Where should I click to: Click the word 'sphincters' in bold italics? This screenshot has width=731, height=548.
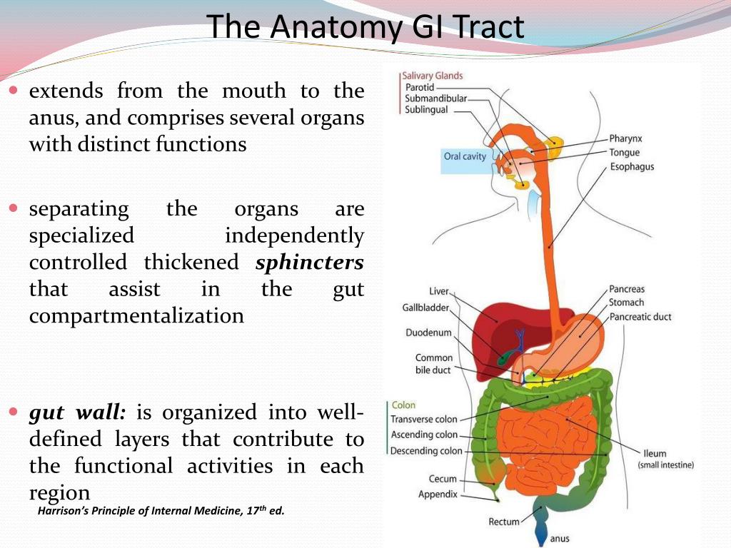(309, 263)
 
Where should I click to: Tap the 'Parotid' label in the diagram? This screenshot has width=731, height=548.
(420, 87)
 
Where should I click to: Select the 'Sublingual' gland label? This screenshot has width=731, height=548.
(426, 110)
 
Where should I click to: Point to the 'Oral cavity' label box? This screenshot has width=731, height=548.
(465, 156)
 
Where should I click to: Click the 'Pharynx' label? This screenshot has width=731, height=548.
(625, 138)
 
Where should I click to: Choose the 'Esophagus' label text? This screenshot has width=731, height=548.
(631, 167)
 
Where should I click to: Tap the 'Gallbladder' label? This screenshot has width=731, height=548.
(425, 308)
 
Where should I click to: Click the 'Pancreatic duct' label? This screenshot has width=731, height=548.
(640, 317)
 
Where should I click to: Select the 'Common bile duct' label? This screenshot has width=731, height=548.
(433, 364)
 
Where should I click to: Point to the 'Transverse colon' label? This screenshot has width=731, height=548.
(424, 420)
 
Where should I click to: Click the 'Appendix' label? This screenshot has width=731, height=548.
(438, 494)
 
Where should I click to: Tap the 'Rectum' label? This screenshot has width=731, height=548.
(504, 522)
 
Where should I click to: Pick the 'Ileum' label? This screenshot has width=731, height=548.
(655, 453)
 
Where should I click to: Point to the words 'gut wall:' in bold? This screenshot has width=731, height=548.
(78, 412)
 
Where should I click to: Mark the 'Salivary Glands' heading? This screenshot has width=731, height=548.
(432, 76)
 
